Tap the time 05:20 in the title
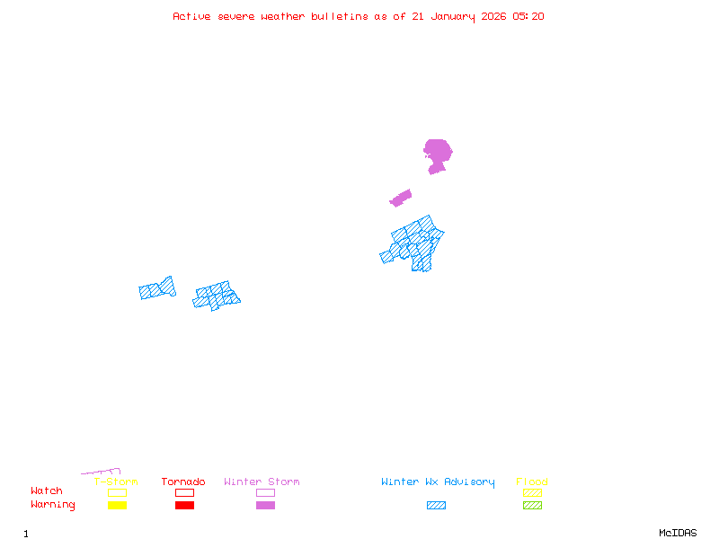(x=528, y=16)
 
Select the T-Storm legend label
(x=116, y=482)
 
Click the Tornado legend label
(x=183, y=482)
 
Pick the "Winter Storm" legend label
(x=262, y=482)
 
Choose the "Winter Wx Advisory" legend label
(x=438, y=482)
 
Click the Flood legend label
(x=532, y=482)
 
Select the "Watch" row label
(x=47, y=491)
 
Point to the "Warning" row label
(x=53, y=505)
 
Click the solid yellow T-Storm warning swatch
(x=117, y=506)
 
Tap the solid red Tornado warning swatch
(x=184, y=506)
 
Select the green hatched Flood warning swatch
(x=532, y=506)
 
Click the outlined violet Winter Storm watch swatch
(x=265, y=493)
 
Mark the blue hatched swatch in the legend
(x=436, y=506)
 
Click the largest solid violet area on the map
(x=437, y=152)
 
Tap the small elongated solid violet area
(x=401, y=198)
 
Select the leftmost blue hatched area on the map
(x=157, y=288)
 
